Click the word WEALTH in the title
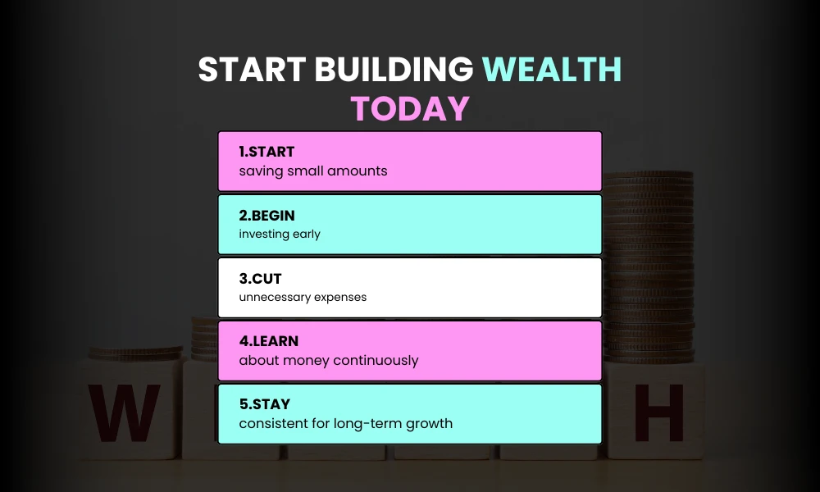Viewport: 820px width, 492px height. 552,71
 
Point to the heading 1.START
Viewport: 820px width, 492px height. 266,152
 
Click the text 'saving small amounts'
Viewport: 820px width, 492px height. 312,171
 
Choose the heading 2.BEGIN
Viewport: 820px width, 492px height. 266,216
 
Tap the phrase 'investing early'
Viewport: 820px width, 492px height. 280,235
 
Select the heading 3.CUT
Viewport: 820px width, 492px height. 260,279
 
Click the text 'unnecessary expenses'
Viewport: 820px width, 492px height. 303,298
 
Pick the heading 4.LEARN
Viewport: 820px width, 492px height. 269,341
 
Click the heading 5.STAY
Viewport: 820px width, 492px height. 265,404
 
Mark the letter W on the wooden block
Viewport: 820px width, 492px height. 125,413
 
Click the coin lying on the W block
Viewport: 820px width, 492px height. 135,353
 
